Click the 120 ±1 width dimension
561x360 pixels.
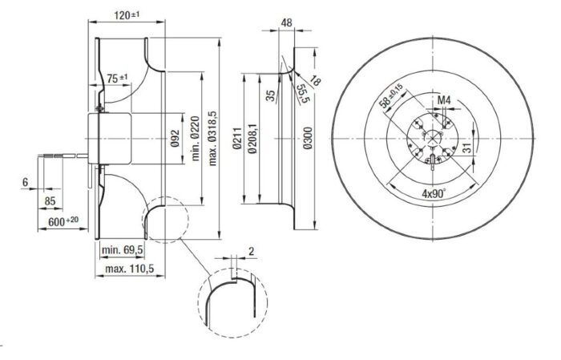127,15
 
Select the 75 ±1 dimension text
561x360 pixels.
117,78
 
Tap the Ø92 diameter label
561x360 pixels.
175,138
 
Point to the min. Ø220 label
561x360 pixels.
195,138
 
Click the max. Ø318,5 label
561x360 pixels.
213,138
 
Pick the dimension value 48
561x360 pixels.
287,23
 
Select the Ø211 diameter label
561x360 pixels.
237,138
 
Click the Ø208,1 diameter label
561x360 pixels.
252,138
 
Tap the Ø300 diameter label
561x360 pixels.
308,138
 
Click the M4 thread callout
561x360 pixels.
444,101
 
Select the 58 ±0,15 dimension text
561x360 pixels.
391,96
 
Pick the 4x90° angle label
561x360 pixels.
434,193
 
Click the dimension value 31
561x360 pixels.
468,148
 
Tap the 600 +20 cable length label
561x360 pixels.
63,221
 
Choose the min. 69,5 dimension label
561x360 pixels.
123,250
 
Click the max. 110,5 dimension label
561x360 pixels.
130,269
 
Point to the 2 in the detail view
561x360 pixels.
251,251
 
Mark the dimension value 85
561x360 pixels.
50,201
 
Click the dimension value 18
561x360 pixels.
315,80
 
